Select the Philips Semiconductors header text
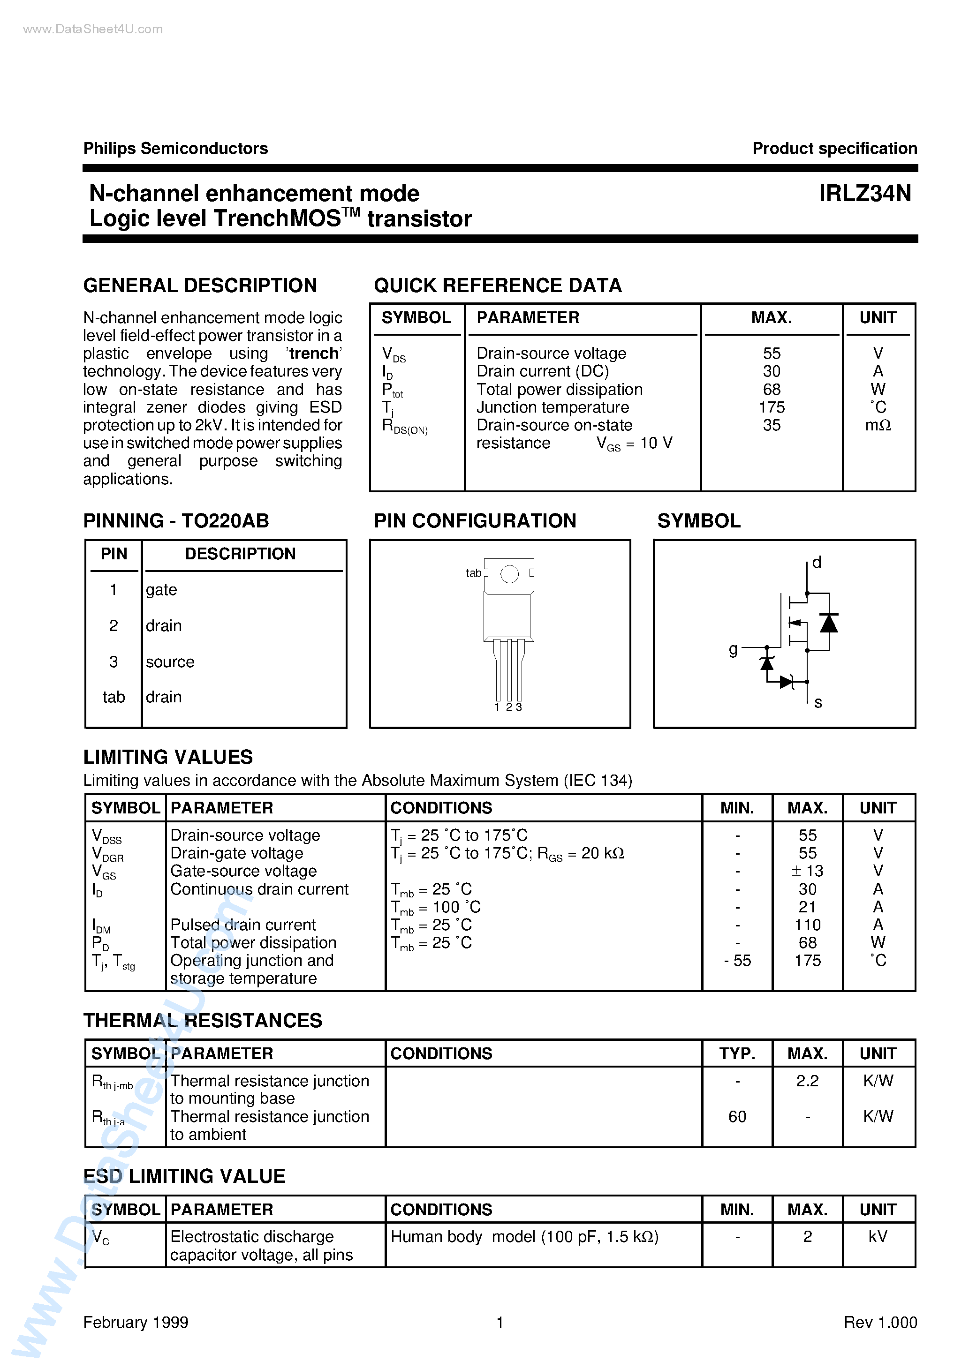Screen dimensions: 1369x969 click(175, 149)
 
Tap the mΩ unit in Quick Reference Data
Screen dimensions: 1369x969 click(878, 426)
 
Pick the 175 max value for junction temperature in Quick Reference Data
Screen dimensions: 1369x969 click(772, 407)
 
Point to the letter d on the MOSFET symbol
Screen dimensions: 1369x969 click(817, 562)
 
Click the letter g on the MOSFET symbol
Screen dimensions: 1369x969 click(733, 649)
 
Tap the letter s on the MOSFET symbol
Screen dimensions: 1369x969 click(818, 703)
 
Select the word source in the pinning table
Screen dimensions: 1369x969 click(170, 662)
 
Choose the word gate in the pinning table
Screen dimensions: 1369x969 click(161, 590)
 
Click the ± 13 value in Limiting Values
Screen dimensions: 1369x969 click(807, 871)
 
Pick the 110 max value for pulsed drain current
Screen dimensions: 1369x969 click(807, 925)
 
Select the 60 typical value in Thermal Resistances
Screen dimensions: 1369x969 click(737, 1117)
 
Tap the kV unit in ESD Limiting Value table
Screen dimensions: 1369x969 click(878, 1237)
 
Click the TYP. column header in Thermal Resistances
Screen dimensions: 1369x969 click(737, 1053)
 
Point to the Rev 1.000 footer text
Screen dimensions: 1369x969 click(880, 1323)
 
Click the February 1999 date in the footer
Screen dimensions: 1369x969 click(136, 1323)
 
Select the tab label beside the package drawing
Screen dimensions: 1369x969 click(473, 573)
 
